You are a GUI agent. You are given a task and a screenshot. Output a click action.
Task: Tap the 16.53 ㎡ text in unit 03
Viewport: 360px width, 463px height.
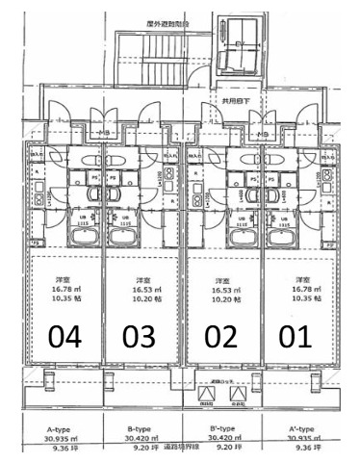pyautogui.click(x=142, y=289)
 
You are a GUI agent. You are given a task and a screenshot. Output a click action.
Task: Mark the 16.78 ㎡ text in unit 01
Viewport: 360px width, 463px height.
pyautogui.click(x=306, y=289)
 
